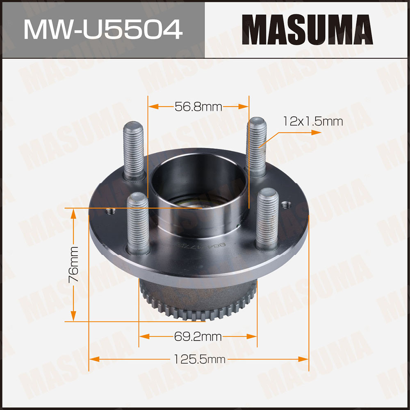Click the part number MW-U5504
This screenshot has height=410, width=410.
103,29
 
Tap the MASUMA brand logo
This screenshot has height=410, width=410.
307,29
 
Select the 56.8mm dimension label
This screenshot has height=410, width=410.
198,107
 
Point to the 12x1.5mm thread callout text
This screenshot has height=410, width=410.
313,121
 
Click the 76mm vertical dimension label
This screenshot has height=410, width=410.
73,264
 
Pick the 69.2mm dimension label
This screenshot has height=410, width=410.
198,337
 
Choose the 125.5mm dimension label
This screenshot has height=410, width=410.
199,359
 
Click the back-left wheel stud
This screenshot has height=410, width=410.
134,151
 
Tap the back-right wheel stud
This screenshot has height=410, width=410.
256,147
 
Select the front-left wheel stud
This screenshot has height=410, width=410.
138,224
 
